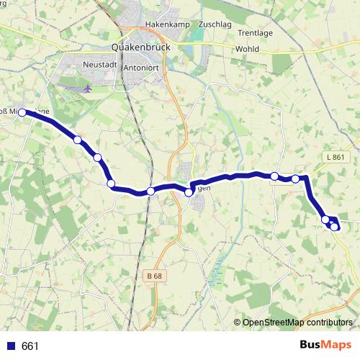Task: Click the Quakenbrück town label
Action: pyautogui.click(x=141, y=48)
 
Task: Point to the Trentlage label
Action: pyautogui.click(x=255, y=33)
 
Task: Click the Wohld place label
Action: pyautogui.click(x=246, y=49)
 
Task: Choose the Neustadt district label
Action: pyautogui.click(x=99, y=65)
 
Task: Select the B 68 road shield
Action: pyautogui.click(x=153, y=276)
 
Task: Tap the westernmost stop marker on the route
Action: pyautogui.click(x=22, y=112)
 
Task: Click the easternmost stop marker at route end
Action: pyautogui.click(x=335, y=227)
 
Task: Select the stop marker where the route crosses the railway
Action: pyautogui.click(x=150, y=191)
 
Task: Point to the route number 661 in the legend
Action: pyautogui.click(x=30, y=346)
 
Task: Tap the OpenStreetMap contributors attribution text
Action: pyautogui.click(x=297, y=322)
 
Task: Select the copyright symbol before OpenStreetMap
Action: pyautogui.click(x=238, y=322)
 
